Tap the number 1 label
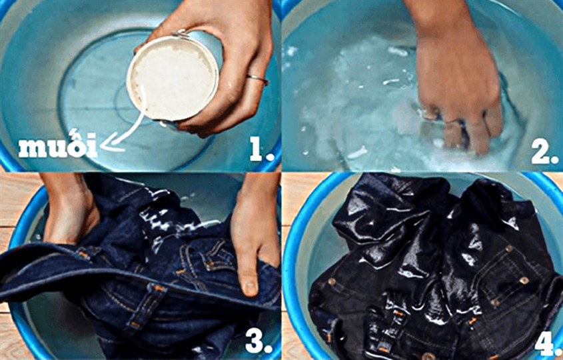pos(261,148)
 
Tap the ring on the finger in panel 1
pos(257,79)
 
